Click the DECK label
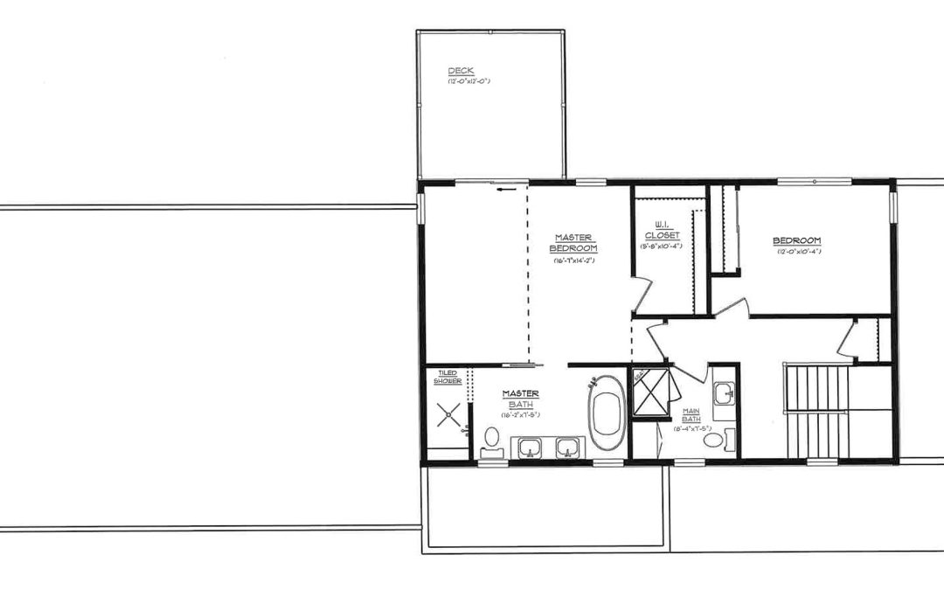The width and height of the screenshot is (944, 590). (x=461, y=72)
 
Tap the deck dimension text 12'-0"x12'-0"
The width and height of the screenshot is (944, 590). (x=469, y=81)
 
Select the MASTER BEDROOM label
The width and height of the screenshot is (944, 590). (x=573, y=243)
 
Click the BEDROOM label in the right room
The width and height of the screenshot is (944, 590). (x=796, y=241)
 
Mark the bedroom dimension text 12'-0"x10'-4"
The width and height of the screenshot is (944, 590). (x=799, y=252)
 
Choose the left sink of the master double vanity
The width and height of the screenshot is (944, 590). (x=530, y=448)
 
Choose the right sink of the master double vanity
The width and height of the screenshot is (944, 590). (x=567, y=448)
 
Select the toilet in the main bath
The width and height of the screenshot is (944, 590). (x=717, y=440)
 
